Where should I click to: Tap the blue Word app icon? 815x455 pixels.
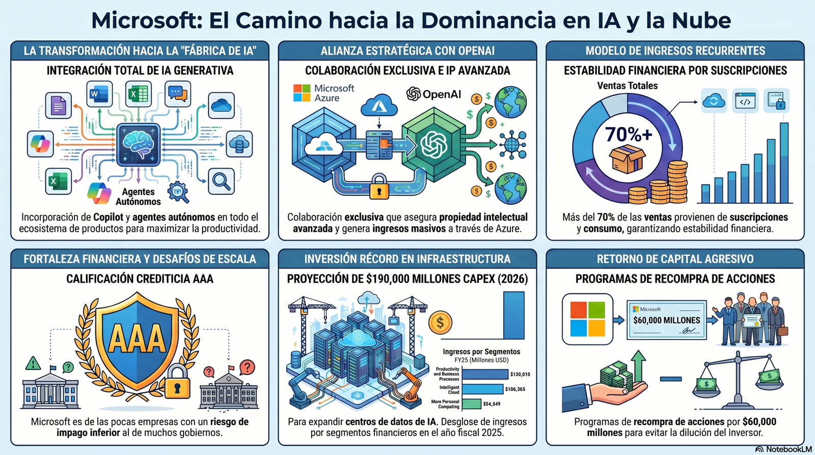click(99, 94)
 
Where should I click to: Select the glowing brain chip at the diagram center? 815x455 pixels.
click(138, 145)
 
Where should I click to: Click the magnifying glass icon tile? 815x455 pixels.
click(221, 181)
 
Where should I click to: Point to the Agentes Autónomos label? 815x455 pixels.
click(138, 197)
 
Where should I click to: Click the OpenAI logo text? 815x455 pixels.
click(433, 94)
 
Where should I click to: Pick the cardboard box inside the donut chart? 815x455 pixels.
click(627, 159)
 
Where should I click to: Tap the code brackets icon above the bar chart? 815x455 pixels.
click(745, 101)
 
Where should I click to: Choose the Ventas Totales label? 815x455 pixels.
click(627, 86)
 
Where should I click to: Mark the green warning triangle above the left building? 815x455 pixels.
click(33, 363)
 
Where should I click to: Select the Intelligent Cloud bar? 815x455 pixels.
click(483, 389)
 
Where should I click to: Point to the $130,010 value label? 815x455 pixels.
click(520, 374)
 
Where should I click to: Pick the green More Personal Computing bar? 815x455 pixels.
click(472, 404)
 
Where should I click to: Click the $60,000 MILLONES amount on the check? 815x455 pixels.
click(667, 320)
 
